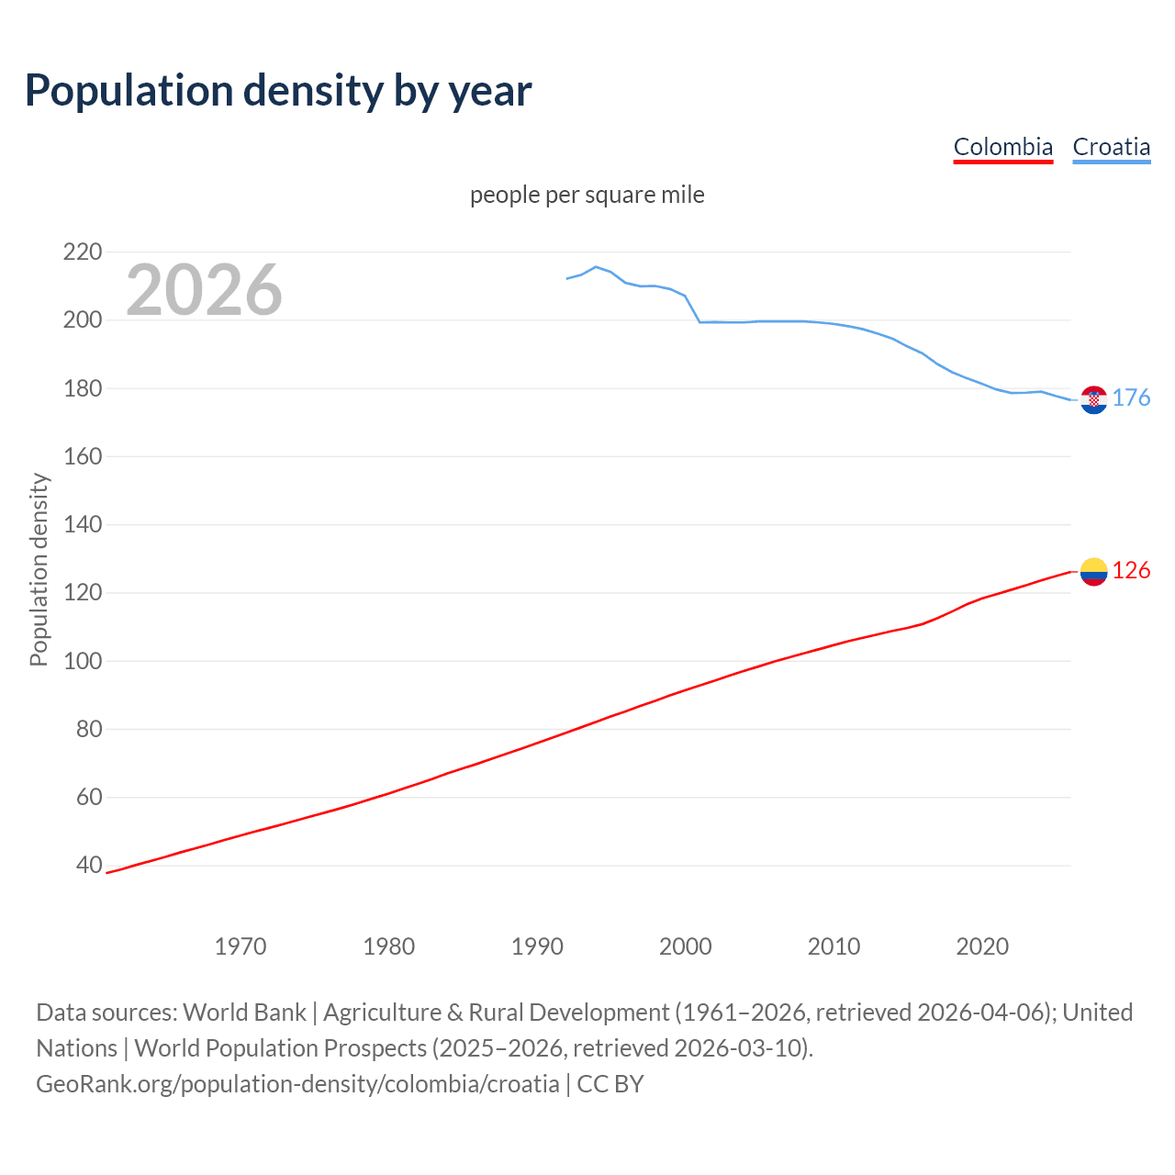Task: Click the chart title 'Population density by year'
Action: (x=278, y=90)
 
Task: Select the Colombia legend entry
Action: (x=1002, y=147)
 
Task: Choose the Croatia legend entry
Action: (x=1111, y=147)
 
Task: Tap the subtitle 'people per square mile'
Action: (x=587, y=195)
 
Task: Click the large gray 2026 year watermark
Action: (x=204, y=290)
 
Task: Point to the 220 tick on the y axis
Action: (x=82, y=252)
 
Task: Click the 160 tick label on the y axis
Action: (x=82, y=456)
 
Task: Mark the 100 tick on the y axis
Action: (x=82, y=661)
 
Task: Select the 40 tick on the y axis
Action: (x=89, y=866)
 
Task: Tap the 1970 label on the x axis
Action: (x=241, y=946)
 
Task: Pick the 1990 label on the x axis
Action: (x=537, y=946)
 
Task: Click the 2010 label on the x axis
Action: (x=834, y=946)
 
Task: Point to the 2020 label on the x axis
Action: (x=982, y=946)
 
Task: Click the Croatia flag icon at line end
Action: (x=1093, y=399)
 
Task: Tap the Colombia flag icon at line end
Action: (x=1093, y=572)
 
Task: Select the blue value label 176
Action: (x=1131, y=397)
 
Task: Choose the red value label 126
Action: (x=1131, y=571)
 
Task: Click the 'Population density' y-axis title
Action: (x=39, y=569)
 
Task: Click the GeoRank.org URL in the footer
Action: (x=297, y=1084)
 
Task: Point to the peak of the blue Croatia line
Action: (x=596, y=267)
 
